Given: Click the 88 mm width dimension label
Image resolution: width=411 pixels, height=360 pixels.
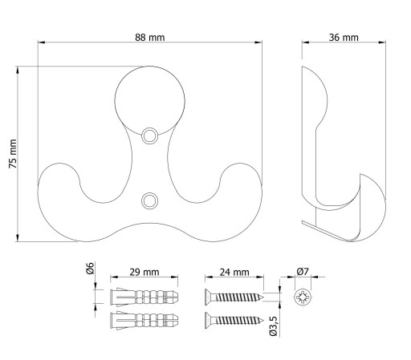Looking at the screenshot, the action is click(x=150, y=37).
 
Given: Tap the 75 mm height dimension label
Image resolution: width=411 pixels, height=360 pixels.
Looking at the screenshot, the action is click(x=13, y=154).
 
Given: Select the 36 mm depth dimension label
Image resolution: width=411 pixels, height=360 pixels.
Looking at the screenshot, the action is click(x=344, y=37).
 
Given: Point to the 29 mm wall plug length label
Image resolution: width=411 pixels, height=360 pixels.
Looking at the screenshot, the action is click(x=144, y=272).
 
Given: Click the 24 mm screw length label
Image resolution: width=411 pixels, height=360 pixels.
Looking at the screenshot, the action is click(x=234, y=272).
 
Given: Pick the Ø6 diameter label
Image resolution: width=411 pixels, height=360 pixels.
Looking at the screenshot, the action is click(x=91, y=269).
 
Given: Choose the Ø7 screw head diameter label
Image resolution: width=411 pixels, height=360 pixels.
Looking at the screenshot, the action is click(x=303, y=272).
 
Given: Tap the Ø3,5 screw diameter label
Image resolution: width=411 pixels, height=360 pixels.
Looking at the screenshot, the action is click(x=273, y=326).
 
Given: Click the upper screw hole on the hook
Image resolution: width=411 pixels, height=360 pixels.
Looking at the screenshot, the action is click(x=149, y=136).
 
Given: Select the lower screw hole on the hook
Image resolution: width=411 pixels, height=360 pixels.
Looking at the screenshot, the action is click(x=149, y=200).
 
